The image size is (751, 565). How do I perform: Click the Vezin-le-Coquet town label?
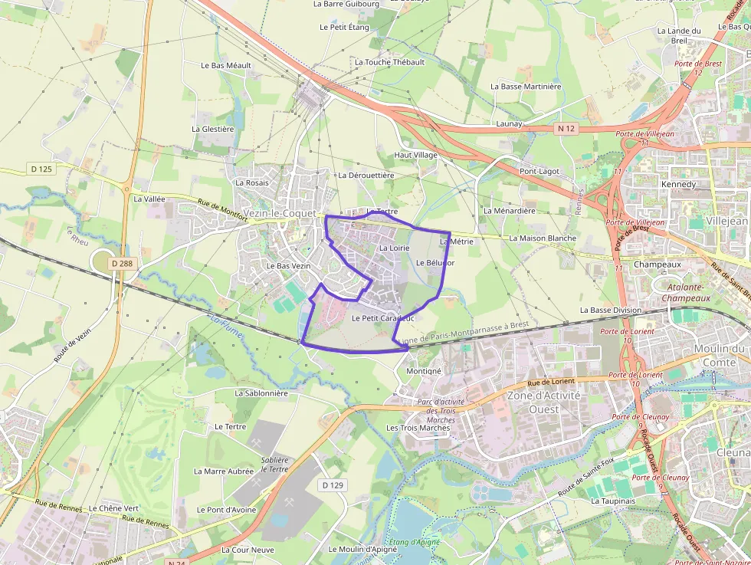pos(277,213)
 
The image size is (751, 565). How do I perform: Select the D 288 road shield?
pos(121,264)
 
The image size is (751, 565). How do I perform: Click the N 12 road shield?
pos(566,129)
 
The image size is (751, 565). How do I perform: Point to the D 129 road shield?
pos(333,485)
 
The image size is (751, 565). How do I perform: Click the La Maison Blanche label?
pos(543,238)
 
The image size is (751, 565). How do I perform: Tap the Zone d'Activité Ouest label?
pos(544,402)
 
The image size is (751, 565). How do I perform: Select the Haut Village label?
pos(416,155)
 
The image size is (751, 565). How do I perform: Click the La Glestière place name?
pos(213,129)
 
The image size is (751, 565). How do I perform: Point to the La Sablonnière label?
pos(261,393)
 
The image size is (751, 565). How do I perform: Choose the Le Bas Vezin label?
pos(288,265)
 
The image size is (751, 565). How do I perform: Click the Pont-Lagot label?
pos(539,171)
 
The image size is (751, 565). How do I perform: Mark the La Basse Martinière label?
pos(526,87)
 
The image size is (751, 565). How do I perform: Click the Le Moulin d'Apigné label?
pos(363,550)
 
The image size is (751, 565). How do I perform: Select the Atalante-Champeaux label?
pos(686,292)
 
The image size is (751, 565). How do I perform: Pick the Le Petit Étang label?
pos(344,27)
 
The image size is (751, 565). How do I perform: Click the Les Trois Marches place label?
pos(418,428)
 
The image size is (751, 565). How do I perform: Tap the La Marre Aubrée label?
pos(224,471)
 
